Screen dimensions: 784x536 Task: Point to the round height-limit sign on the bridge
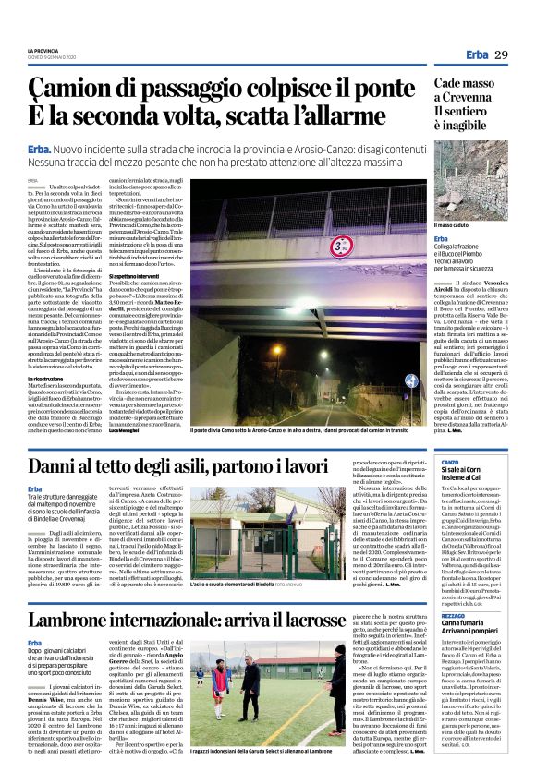coord(340,246)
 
